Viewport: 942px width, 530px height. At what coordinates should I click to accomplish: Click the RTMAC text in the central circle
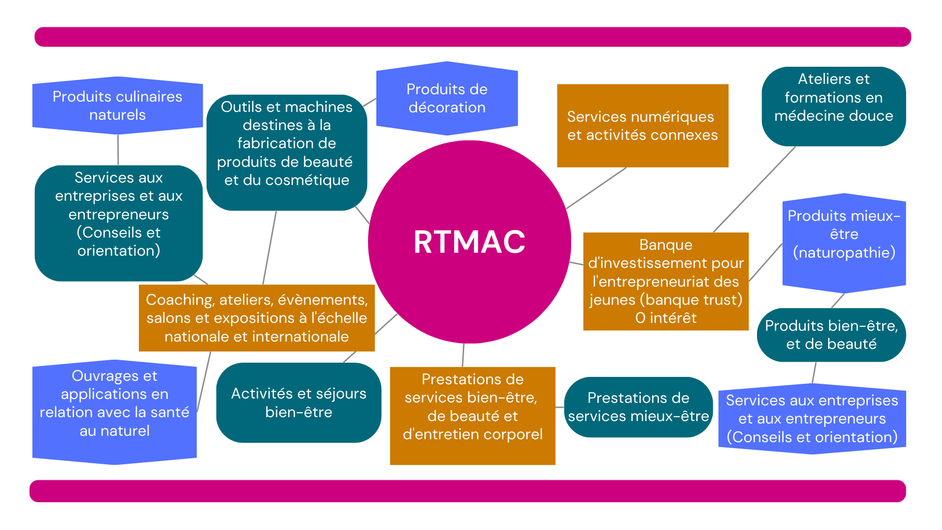(469, 242)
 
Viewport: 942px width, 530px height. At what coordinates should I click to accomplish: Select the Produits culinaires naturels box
(117, 106)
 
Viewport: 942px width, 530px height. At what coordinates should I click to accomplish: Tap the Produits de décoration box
(447, 98)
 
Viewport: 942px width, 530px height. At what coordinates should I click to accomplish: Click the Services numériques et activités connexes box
(642, 126)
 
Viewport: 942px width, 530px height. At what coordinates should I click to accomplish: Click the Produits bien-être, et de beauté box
(831, 335)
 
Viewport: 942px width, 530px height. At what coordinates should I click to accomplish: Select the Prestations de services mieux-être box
(638, 407)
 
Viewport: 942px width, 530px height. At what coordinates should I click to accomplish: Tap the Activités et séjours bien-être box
(298, 402)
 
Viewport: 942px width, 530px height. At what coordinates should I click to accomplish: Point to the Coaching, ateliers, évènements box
(257, 318)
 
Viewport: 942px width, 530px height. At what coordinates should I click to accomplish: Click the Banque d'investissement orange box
(665, 281)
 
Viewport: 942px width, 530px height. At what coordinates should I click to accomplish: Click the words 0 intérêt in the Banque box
(666, 318)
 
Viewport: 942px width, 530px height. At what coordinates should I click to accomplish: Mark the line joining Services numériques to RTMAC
(596, 188)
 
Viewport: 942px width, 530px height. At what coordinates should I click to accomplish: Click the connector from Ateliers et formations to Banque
(754, 189)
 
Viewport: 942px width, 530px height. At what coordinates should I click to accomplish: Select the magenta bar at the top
(472, 37)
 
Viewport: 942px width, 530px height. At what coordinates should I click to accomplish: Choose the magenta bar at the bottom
(467, 491)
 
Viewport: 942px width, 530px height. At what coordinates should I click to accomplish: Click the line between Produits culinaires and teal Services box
(118, 150)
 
